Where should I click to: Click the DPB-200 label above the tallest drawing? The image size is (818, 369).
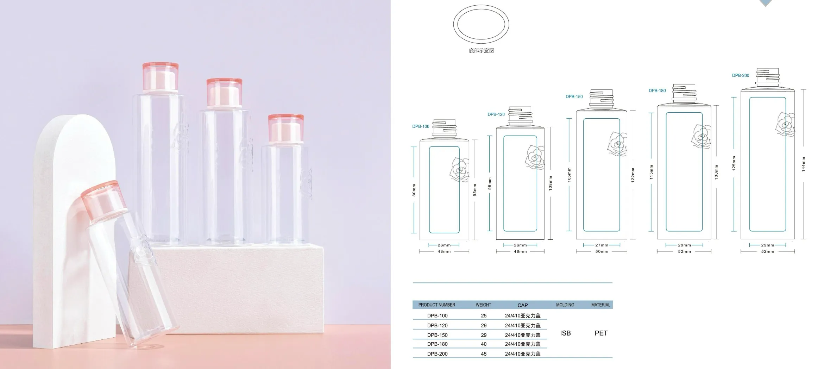pos(741,75)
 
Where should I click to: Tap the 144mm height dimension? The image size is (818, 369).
pos(804,164)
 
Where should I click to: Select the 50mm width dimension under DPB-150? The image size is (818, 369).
pos(602,251)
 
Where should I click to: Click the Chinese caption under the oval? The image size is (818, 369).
pos(481,51)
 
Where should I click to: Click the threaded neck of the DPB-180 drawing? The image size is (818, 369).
pos(684,94)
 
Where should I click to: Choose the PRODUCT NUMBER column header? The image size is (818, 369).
pos(436,305)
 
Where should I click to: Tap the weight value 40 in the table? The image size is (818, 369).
pos(484,344)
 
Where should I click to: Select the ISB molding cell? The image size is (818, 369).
pos(565,333)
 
